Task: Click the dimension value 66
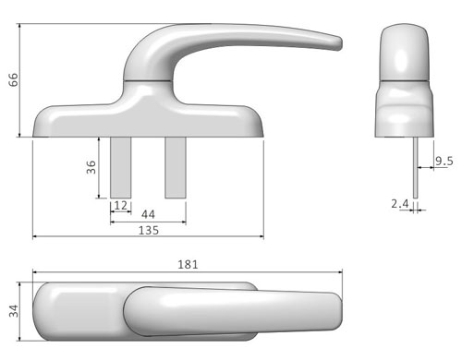[x=13, y=80]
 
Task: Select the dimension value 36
[x=91, y=167]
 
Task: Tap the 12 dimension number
[x=120, y=206]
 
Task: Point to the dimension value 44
[x=148, y=214]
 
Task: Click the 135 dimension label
[x=149, y=230]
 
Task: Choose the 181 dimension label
[x=188, y=264]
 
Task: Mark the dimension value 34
[x=14, y=311]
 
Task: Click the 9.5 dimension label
[x=444, y=161]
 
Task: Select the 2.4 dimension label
[x=400, y=204]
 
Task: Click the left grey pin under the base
[x=121, y=167]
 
